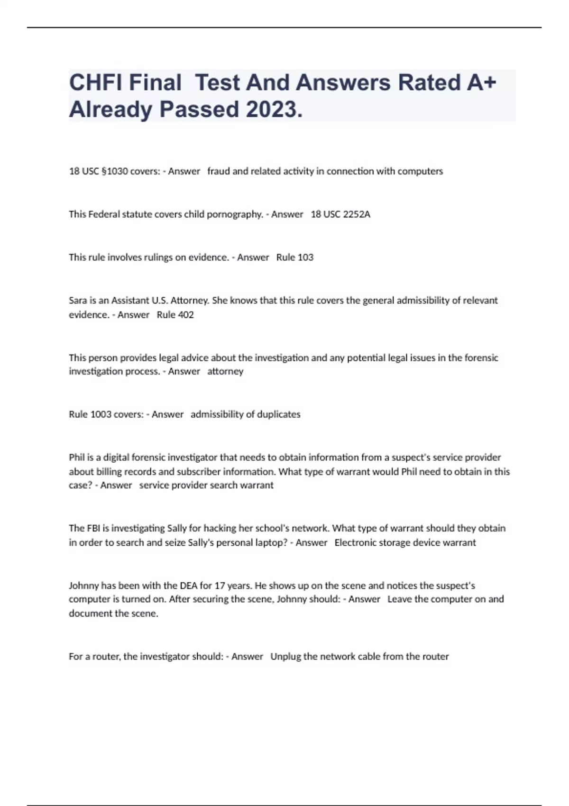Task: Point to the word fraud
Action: click(x=219, y=171)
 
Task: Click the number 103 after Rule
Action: click(x=305, y=257)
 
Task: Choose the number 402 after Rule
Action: click(x=185, y=315)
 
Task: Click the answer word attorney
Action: click(x=225, y=371)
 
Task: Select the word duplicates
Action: click(x=279, y=414)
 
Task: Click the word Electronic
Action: click(x=355, y=542)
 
